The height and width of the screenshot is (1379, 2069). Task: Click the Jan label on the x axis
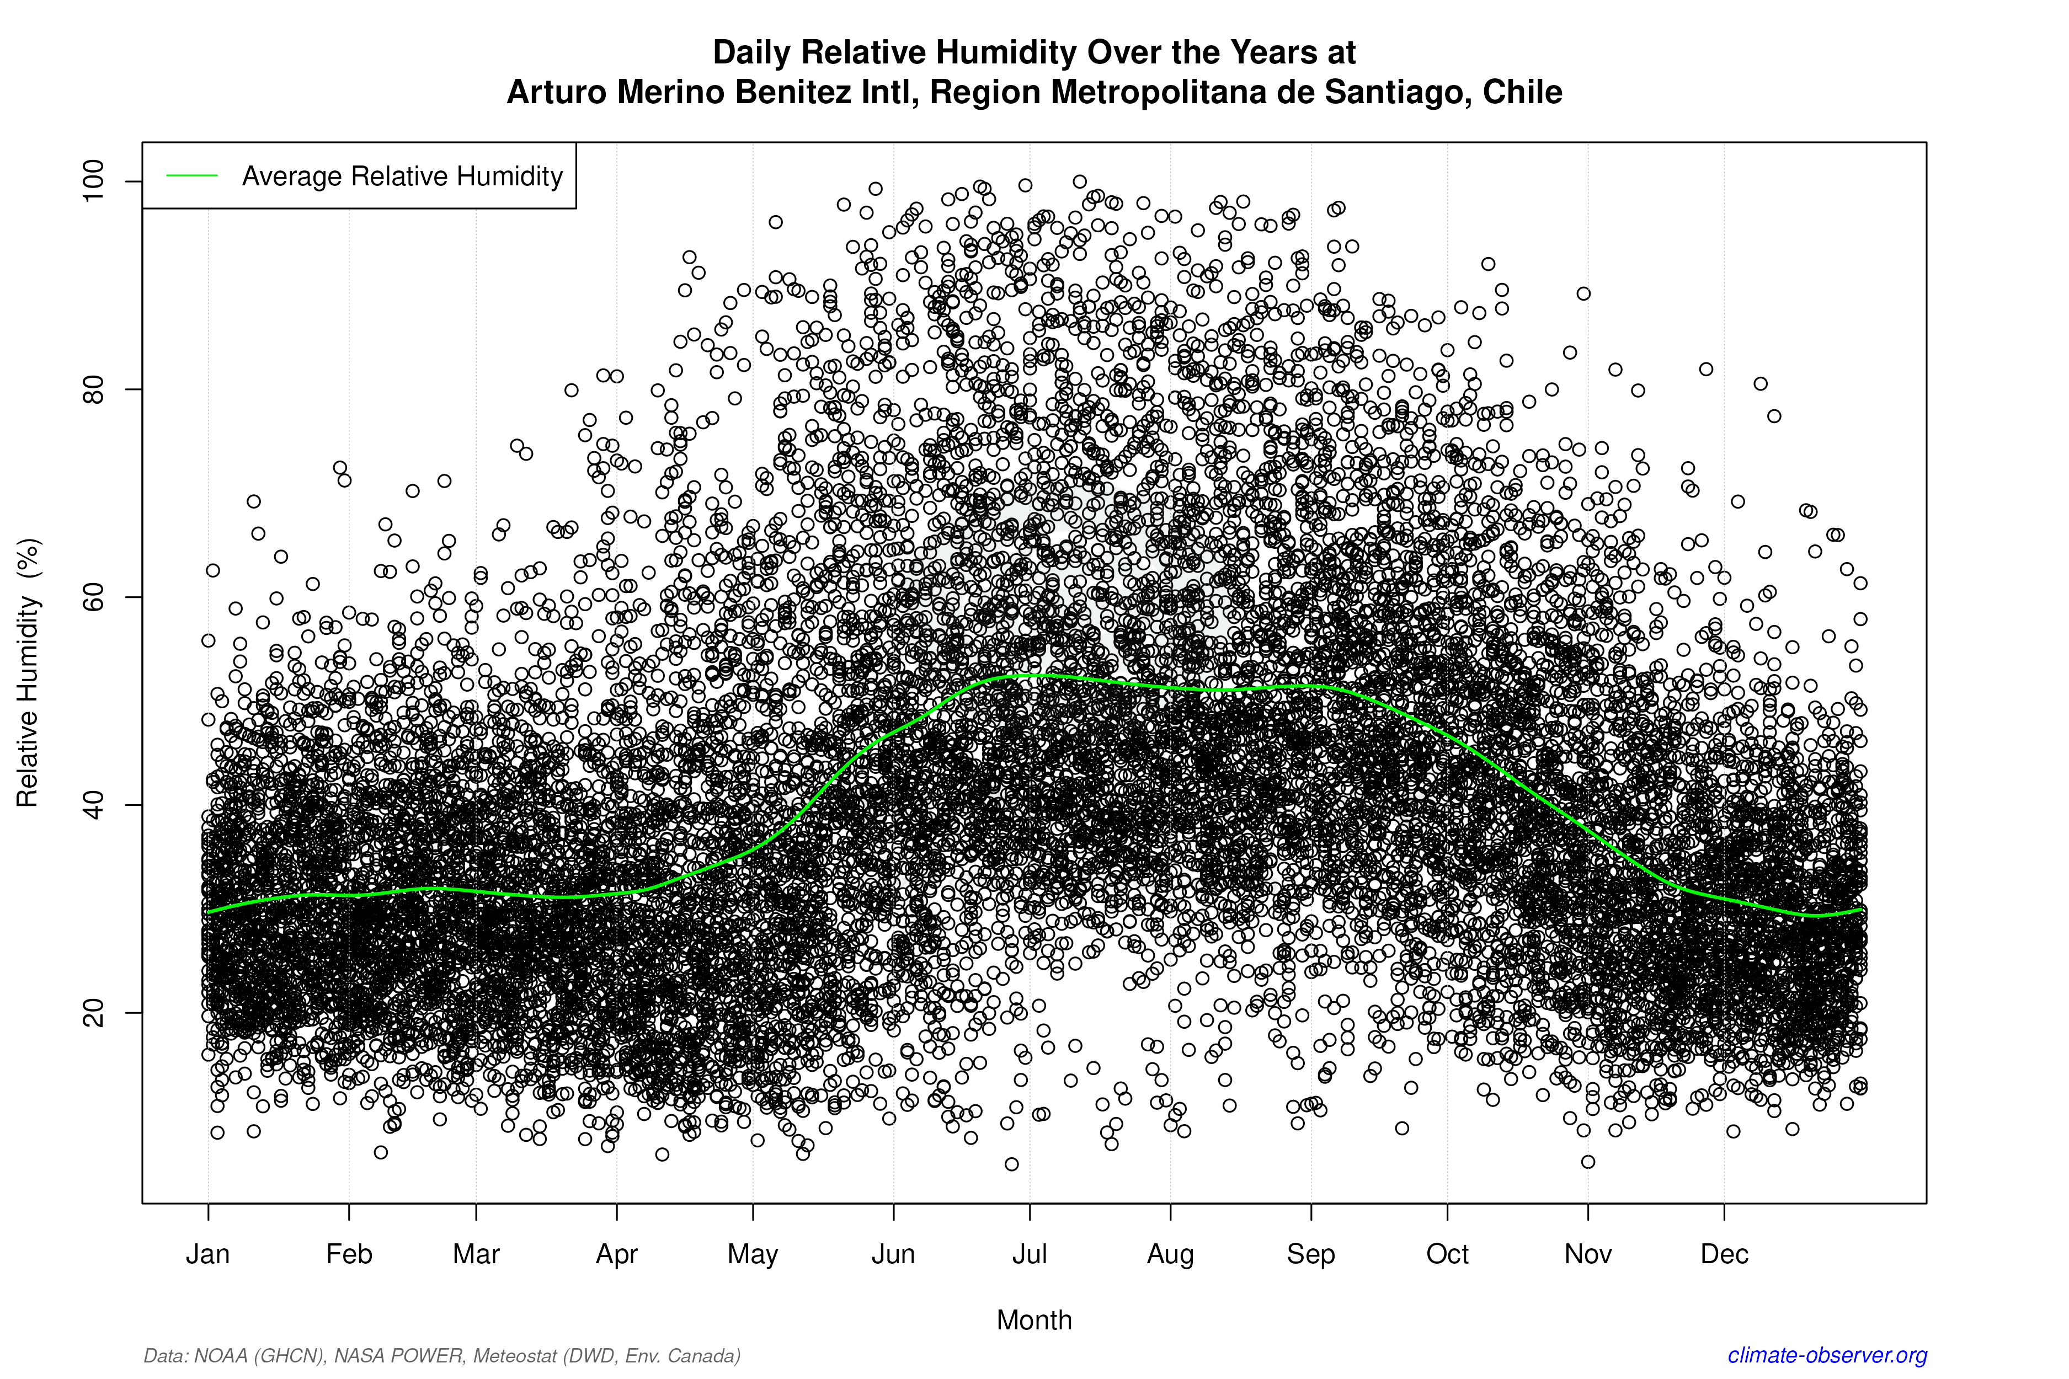tap(207, 1254)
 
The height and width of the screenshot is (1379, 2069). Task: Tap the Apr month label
tap(617, 1254)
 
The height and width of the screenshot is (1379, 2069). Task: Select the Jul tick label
tap(1029, 1254)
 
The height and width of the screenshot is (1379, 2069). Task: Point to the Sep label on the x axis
tap(1311, 1254)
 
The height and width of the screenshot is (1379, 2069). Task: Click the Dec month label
tap(1724, 1254)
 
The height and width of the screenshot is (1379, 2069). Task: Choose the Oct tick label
tap(1447, 1254)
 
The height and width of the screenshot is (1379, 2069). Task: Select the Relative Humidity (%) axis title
tap(28, 673)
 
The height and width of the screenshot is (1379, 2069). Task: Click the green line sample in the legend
tap(192, 176)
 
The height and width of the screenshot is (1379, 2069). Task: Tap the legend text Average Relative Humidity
tap(402, 177)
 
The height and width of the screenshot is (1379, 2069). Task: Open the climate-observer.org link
tap(1827, 1355)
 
